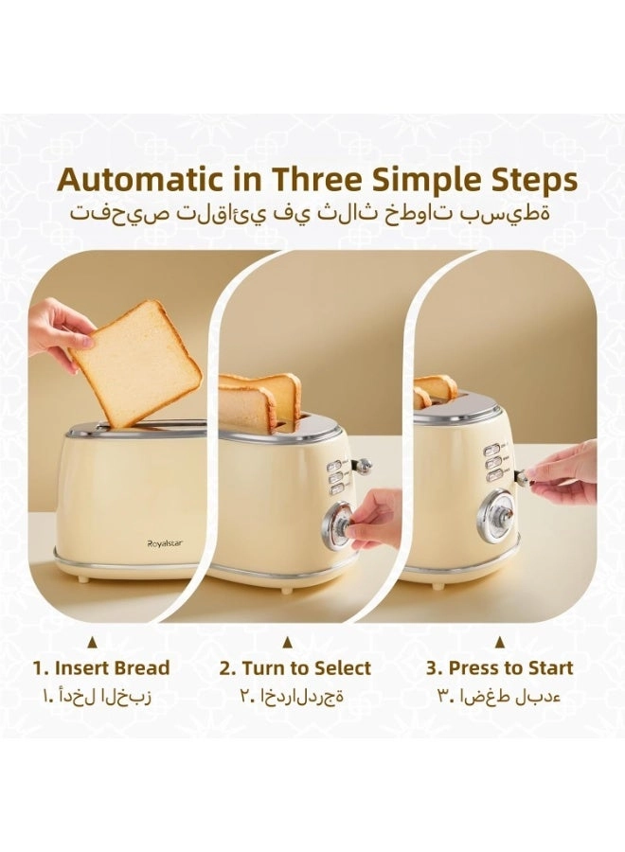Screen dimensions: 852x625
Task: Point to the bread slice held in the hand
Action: tap(137, 362)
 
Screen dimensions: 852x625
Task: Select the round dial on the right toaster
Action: tap(493, 517)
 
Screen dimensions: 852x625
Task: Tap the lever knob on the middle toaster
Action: tap(364, 465)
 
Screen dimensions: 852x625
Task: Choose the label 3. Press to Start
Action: tap(498, 667)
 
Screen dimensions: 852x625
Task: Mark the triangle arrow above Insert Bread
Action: tap(93, 642)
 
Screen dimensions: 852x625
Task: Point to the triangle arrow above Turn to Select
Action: tap(287, 642)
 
